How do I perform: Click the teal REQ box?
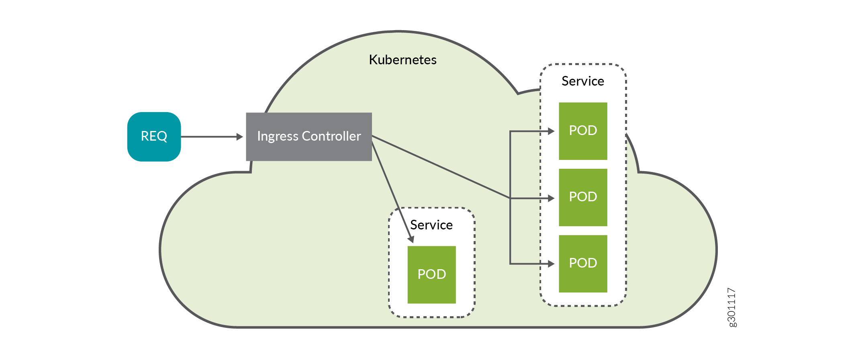click(154, 137)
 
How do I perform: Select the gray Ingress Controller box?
click(309, 137)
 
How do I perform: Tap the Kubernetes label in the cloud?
click(403, 60)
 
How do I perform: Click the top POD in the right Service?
click(583, 131)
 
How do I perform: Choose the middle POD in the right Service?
click(583, 197)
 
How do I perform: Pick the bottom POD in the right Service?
click(583, 264)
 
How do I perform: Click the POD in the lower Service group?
click(431, 274)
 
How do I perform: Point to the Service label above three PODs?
click(582, 81)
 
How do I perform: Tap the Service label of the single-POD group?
click(431, 225)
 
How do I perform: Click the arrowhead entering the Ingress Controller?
click(240, 137)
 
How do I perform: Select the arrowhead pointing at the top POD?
click(551, 131)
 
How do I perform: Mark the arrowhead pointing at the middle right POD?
click(551, 198)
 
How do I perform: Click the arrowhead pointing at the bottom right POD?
click(551, 264)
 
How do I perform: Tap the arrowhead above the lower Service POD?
click(411, 239)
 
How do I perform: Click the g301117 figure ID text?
click(732, 307)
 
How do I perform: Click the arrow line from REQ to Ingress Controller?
click(209, 137)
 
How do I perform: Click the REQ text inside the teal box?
click(154, 136)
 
